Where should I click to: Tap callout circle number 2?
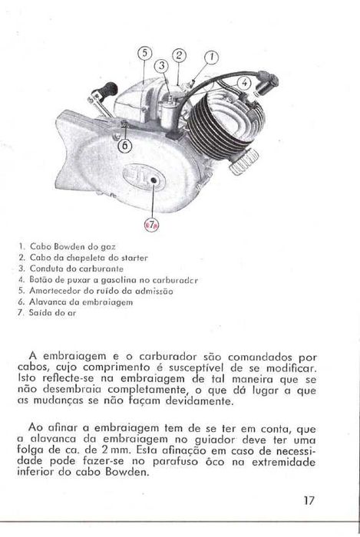click(178, 54)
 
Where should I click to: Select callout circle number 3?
click(162, 66)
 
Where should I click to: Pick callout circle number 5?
click(145, 53)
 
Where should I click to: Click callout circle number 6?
click(124, 143)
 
